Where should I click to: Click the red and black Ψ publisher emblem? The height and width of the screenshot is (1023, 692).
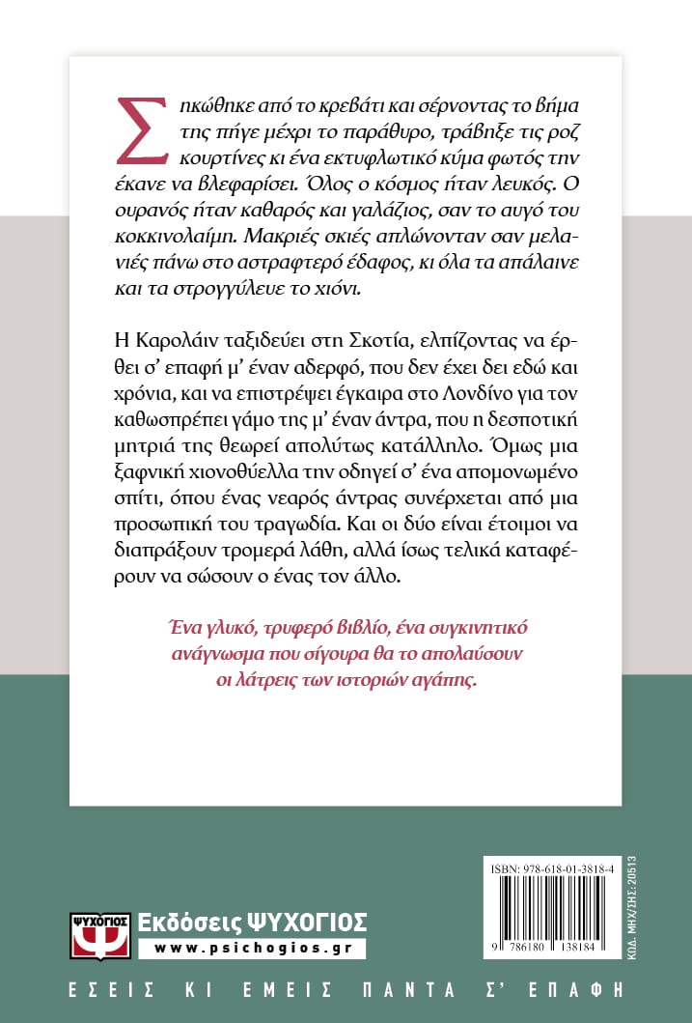(100, 931)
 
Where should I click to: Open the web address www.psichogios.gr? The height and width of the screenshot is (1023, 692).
(252, 948)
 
